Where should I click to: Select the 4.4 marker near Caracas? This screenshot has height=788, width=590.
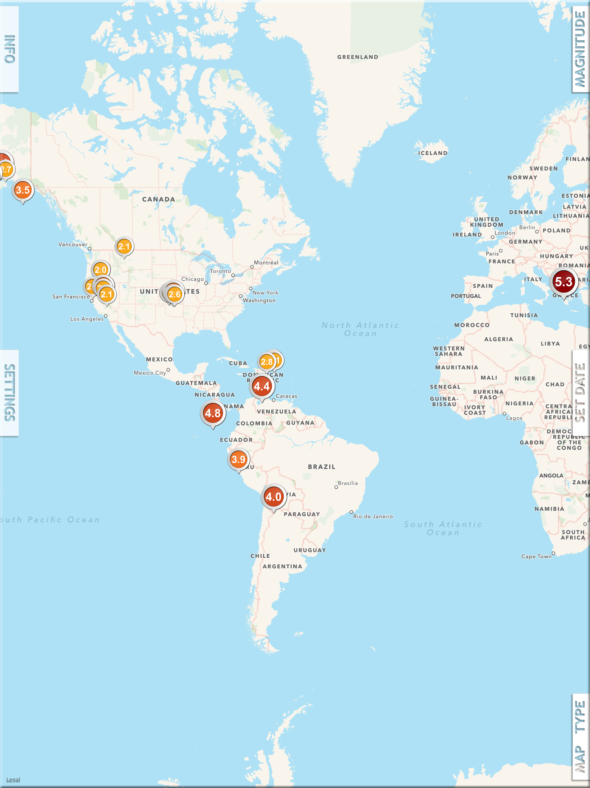[x=262, y=386]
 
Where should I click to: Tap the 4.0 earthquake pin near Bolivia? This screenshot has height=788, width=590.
[x=273, y=497]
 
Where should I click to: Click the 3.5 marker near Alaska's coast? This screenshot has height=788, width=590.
[x=23, y=190]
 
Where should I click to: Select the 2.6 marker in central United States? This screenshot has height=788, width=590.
[x=175, y=294]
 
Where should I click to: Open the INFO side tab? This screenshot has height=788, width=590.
[x=9, y=49]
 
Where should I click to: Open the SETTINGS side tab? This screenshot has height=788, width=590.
[x=9, y=393]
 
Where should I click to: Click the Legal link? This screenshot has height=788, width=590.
[x=13, y=779]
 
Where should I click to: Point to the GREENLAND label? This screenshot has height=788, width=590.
[x=358, y=57]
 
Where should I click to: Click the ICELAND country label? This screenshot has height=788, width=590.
[x=433, y=153]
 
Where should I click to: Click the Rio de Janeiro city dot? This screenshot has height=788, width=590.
[x=351, y=512]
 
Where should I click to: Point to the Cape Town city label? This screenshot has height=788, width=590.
[x=536, y=556]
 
